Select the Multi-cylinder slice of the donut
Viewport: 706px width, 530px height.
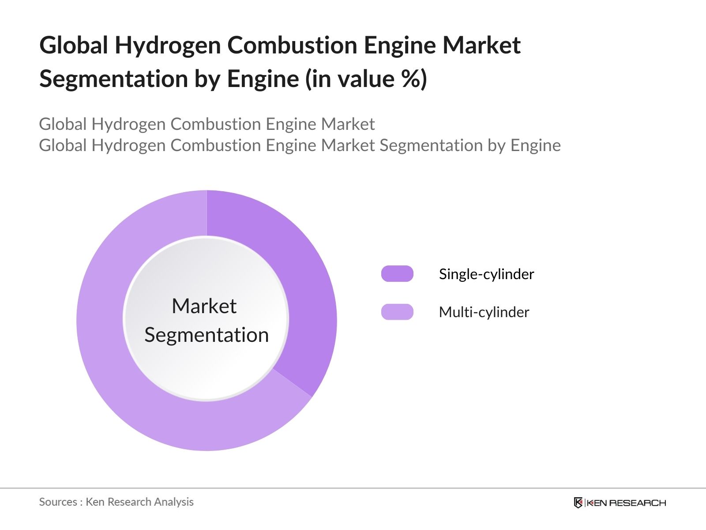pos(129,386)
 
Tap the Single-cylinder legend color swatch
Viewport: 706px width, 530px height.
pos(397,273)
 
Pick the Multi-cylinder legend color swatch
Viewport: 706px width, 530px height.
pos(397,312)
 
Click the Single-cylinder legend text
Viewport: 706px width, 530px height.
pos(486,274)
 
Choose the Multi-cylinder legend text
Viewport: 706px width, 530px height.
pos(484,312)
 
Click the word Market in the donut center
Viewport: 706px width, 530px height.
pos(204,306)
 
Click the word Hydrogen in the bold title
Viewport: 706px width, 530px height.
pos(168,46)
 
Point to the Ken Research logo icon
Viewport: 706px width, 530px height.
pos(578,503)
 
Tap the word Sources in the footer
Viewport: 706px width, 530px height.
pos(58,502)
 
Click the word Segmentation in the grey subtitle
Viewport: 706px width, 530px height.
pos(431,145)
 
